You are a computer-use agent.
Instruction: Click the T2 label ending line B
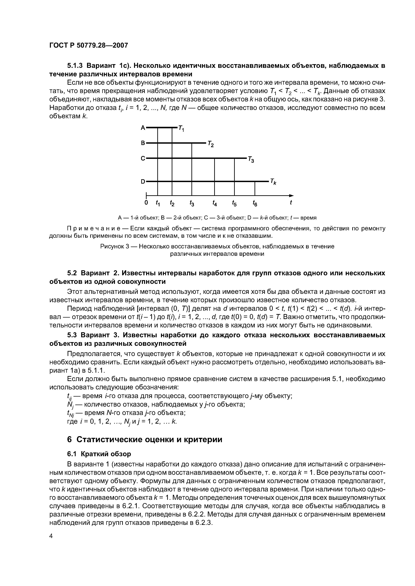[211, 144]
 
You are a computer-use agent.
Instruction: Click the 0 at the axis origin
[146, 203]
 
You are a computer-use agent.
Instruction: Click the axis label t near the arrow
[291, 202]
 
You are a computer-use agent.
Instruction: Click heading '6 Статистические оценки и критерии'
[144, 439]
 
